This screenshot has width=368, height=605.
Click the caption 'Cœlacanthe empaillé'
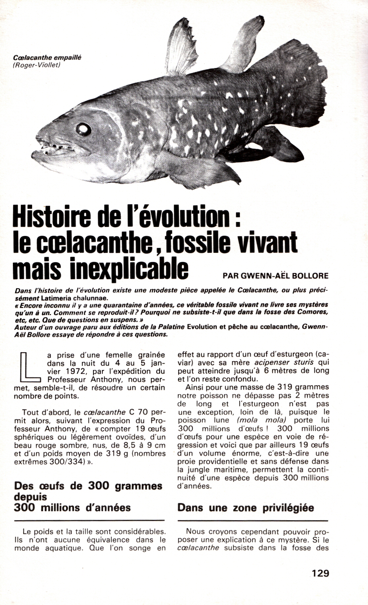click(x=46, y=58)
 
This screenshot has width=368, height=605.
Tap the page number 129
click(x=320, y=573)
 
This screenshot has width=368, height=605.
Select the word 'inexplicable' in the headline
click(x=129, y=269)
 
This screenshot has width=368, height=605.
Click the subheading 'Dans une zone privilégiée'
click(x=246, y=508)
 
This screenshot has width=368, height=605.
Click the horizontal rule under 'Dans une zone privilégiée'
click(x=253, y=521)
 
